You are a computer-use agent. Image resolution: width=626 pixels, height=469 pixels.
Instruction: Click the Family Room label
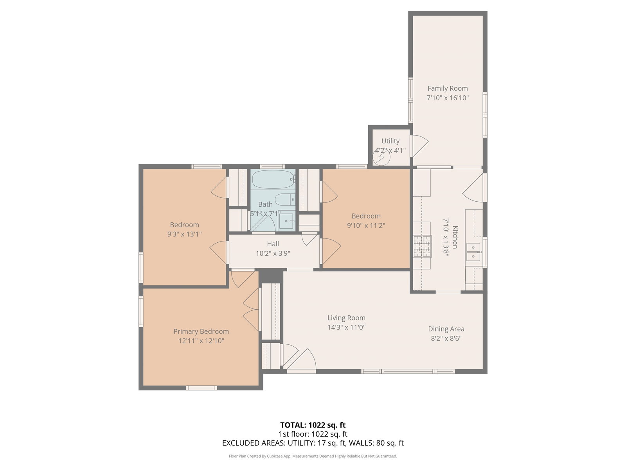pos(448,88)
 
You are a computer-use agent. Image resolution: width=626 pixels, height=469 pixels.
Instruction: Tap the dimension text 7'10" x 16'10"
pos(448,98)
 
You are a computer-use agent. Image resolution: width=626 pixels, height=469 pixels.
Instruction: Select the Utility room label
pos(390,141)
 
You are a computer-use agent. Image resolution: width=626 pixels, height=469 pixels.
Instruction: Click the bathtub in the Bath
pos(273,179)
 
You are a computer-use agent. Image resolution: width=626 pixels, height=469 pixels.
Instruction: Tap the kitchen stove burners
pos(423,246)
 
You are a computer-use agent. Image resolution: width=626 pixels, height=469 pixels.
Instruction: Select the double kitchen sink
pos(473,252)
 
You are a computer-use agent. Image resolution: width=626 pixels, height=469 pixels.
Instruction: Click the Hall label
pos(273,244)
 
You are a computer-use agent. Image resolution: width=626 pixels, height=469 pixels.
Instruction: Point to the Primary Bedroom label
pos(201,331)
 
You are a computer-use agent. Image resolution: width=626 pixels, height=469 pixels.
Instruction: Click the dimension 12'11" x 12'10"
pos(201,340)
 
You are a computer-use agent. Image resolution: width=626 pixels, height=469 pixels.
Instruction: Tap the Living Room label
pos(346,317)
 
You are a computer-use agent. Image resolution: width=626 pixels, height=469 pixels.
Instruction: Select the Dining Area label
pos(446,329)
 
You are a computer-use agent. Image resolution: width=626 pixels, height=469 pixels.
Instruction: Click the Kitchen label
pos(455,237)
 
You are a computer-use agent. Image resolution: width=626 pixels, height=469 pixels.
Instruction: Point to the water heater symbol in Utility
pos(381,157)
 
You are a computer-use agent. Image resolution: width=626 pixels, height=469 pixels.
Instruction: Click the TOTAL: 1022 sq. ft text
pos(313,425)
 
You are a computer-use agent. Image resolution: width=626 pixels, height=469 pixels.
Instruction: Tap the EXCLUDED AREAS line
pos(313,443)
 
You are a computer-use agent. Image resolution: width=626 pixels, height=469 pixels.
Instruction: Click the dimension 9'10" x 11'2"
pos(366,226)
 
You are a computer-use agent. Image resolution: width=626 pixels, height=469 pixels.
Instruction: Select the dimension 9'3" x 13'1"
pos(184,234)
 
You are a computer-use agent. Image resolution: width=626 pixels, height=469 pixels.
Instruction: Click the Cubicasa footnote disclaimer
pos(313,456)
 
